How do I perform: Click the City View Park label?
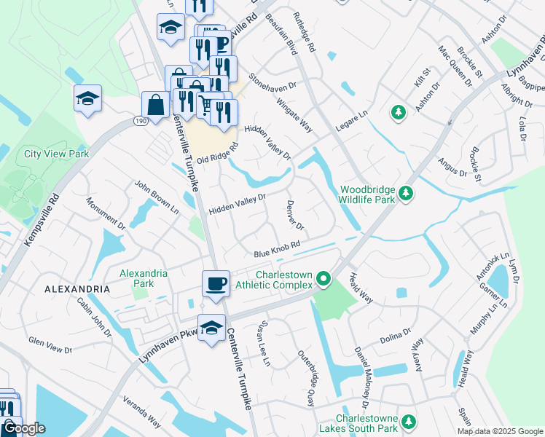[x=56, y=154]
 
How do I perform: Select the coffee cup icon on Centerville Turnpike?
[x=216, y=283]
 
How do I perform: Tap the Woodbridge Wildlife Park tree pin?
[x=406, y=194]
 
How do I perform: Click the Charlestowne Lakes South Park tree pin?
[x=409, y=422]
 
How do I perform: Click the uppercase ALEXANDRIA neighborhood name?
[x=77, y=289]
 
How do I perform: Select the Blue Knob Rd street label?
[x=278, y=250]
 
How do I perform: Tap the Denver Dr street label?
[x=295, y=216]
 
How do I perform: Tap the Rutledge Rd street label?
[x=304, y=32]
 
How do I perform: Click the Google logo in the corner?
[x=23, y=428]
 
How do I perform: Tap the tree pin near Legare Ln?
[x=398, y=112]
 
